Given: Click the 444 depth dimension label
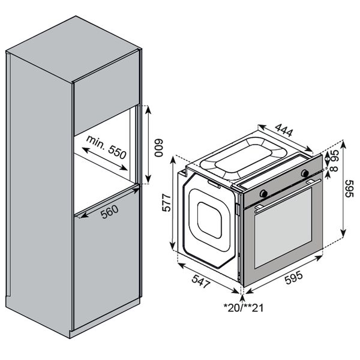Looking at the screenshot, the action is pos(284,130).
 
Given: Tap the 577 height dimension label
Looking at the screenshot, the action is pos(166,203).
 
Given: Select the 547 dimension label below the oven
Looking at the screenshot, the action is pos(201,280).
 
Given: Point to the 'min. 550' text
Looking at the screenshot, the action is pos(106,147).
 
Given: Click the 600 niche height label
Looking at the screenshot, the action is pos(158,148).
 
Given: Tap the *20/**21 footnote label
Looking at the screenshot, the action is pos(244,308).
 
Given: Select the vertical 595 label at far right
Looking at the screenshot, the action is pos(350,188).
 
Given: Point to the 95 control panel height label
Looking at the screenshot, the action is pos(334,155).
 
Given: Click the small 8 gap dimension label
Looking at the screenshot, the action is pos(334,168).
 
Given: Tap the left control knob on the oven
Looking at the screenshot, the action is pos(263,193).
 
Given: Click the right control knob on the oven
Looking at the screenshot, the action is pos(305,173).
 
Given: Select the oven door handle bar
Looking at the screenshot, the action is pos(288,194).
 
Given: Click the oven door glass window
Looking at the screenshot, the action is pos(283,228).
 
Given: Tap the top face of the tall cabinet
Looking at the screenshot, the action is pos(73,49).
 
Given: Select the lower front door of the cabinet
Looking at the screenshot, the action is pos(106,259).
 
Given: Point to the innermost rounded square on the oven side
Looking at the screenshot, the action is pos(209,220).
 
